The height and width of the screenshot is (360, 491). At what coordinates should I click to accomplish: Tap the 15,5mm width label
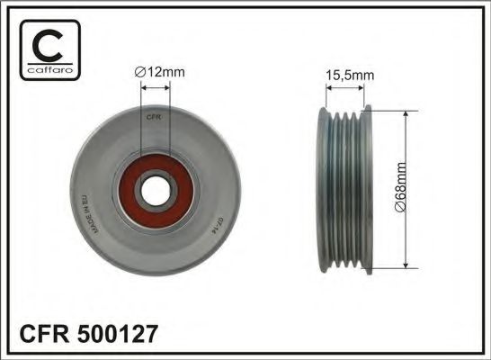pyautogui.click(x=345, y=76)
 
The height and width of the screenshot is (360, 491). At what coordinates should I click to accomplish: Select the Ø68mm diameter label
pyautogui.click(x=427, y=191)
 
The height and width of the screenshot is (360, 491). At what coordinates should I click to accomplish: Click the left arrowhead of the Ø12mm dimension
pyautogui.click(x=143, y=86)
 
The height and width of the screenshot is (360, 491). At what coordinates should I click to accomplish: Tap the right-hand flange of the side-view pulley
pyautogui.click(x=366, y=189)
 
